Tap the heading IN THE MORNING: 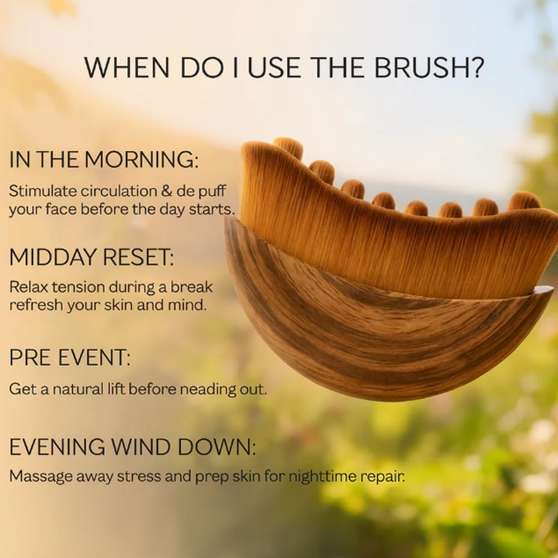pos(104,160)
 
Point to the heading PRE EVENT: pos(70,357)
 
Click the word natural pos(81,389)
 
